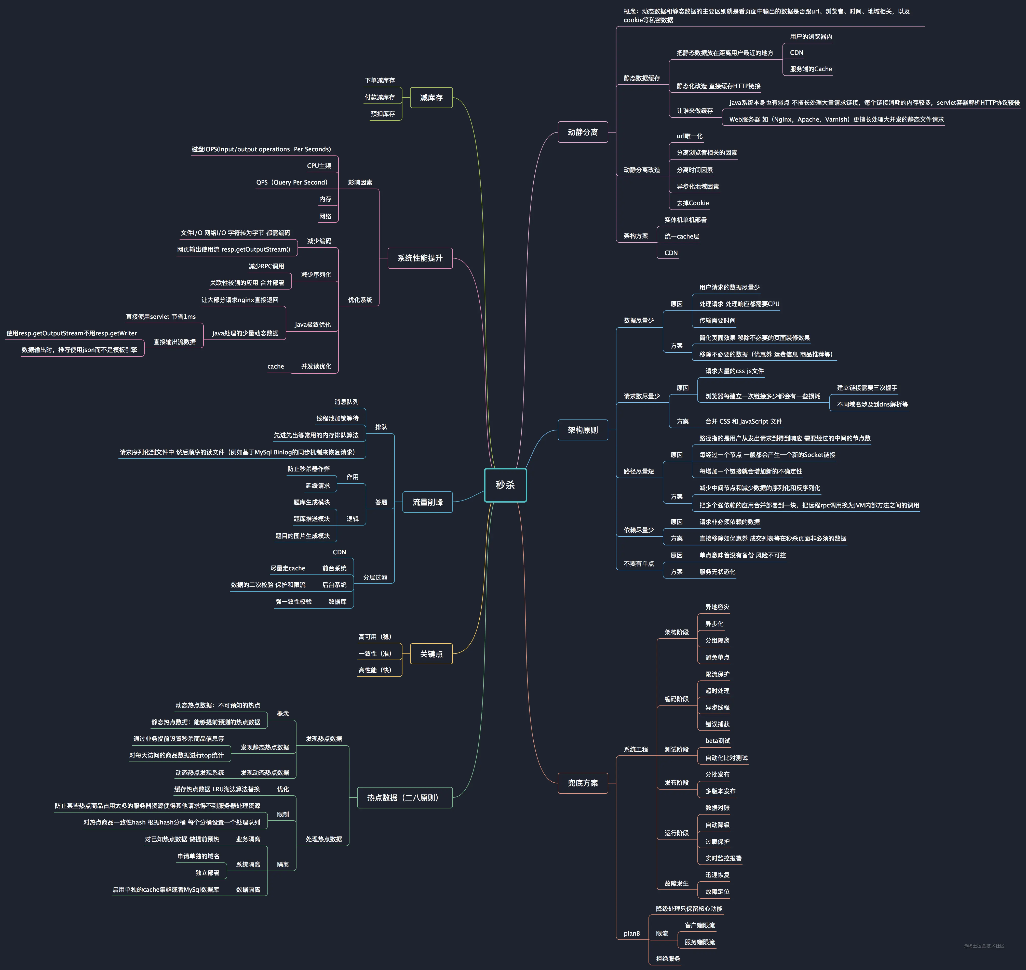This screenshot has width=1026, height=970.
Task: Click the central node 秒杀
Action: [x=505, y=485]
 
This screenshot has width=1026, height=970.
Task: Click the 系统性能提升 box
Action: [x=420, y=258]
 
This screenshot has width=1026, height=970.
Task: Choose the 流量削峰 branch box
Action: [x=427, y=502]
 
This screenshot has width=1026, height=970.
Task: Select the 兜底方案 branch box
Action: [x=583, y=783]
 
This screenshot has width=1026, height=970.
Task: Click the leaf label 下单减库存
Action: [x=380, y=81]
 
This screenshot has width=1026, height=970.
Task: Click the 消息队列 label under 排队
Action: [x=346, y=402]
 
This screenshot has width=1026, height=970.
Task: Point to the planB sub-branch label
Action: [x=632, y=933]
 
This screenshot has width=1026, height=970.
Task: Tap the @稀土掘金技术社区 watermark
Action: [x=984, y=946]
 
